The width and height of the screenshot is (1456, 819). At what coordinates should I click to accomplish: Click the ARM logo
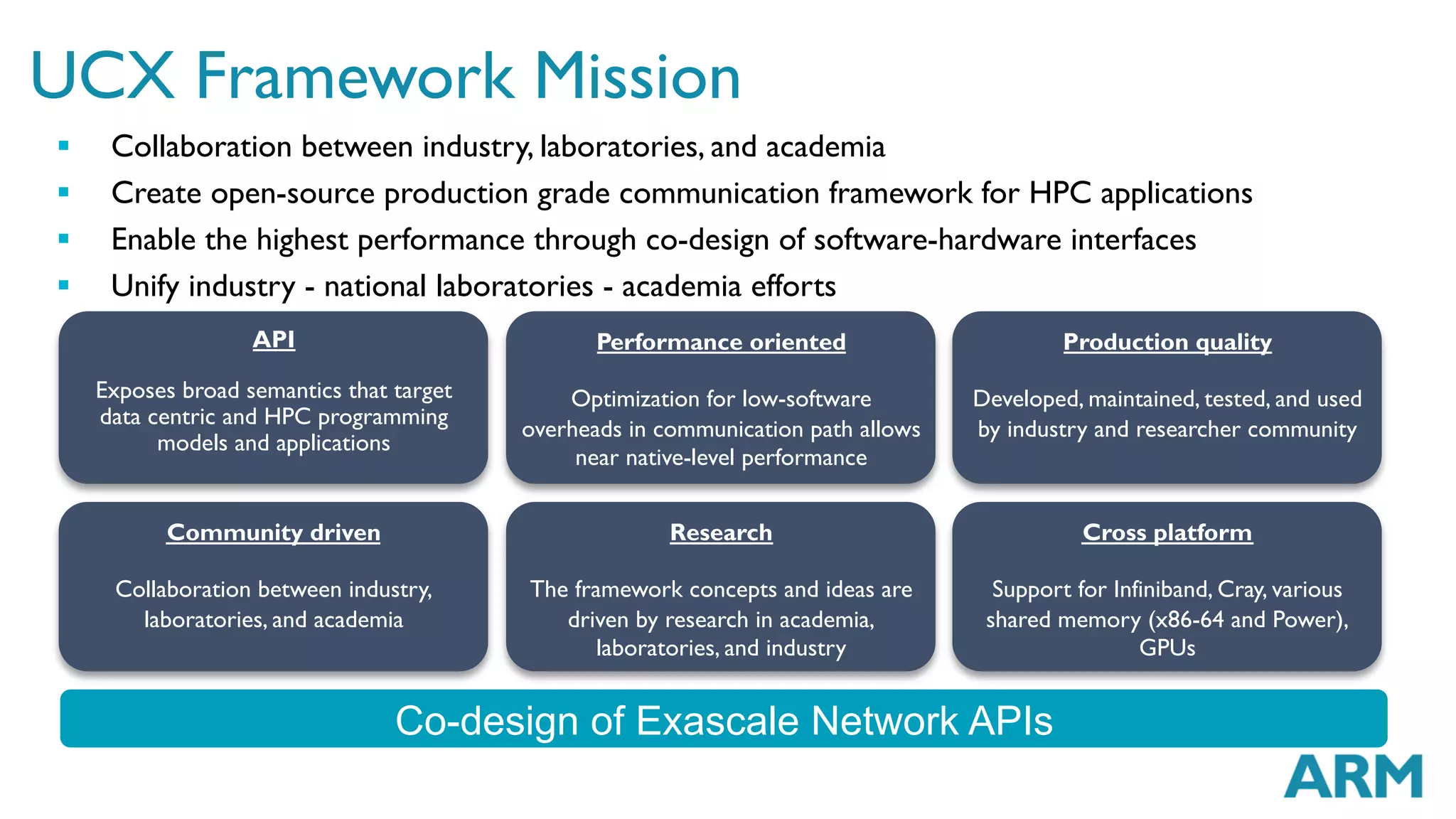[1352, 776]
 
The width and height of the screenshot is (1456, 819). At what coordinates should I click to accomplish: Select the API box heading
[274, 340]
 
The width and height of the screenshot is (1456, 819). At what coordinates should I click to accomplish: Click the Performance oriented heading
[721, 342]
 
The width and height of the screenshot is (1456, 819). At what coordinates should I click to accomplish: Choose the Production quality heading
[1167, 342]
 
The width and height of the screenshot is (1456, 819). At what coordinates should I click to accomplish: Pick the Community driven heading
[274, 532]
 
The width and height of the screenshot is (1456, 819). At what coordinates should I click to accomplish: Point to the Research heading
[721, 532]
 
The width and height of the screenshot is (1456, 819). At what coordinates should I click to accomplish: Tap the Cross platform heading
[1167, 532]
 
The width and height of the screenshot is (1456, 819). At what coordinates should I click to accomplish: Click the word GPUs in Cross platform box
[1167, 648]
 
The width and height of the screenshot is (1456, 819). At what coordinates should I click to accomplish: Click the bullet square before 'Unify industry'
[64, 285]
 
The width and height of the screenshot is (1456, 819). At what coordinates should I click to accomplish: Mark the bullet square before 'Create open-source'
[64, 192]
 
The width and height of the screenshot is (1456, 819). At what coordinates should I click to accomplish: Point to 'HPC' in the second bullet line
[1060, 193]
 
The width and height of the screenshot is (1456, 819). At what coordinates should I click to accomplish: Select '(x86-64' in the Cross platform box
[1186, 619]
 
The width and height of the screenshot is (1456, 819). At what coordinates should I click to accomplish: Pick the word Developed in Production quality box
[1026, 399]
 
